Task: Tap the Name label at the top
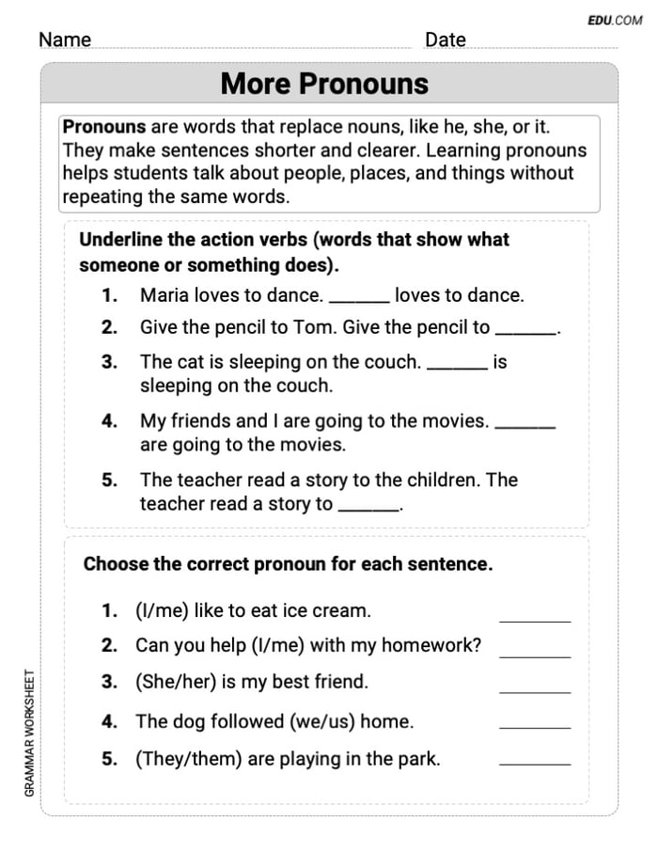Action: tap(65, 39)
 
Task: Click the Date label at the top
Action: tap(445, 39)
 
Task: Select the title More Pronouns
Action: tap(324, 84)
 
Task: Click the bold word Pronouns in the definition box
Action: tap(104, 127)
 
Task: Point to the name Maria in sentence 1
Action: tap(164, 295)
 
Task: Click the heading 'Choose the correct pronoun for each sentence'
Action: tap(288, 564)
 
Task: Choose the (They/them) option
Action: tap(189, 759)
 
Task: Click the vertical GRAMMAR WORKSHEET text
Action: tap(30, 734)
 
